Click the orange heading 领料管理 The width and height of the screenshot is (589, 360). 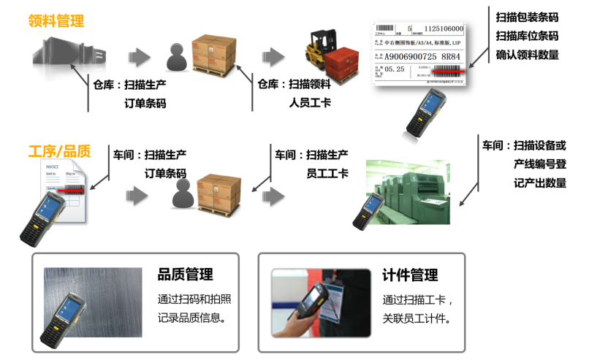tap(56, 22)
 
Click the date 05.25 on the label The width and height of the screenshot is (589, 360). tap(395, 69)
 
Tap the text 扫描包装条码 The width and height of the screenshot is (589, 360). tap(526, 17)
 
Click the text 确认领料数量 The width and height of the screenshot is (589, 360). tap(526, 55)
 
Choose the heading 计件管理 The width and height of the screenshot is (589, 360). tap(410, 275)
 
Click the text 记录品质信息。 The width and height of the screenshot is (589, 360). tap(191, 318)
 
